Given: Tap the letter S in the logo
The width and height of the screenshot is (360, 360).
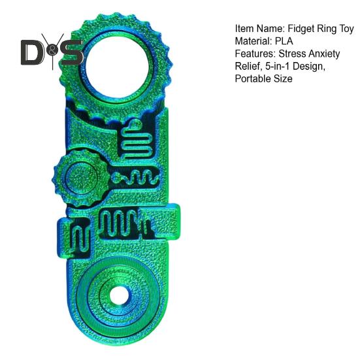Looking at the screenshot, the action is click(72, 52).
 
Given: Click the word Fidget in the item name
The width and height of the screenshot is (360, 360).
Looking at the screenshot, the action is click(301, 29).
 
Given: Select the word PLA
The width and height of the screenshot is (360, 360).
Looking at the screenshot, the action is click(284, 41).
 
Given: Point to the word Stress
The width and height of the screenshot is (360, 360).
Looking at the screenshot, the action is click(292, 54).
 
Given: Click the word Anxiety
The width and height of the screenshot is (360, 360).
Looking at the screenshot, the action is click(324, 54).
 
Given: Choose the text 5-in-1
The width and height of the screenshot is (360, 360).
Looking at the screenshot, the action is click(278, 67).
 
